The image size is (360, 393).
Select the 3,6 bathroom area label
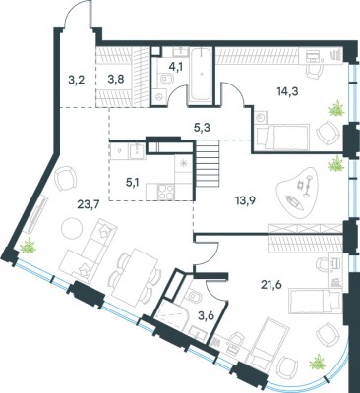pos(205,316)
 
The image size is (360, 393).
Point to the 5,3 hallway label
pos(202,127)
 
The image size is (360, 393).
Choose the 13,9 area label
pos(245,200)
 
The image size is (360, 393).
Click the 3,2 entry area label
pos(77,80)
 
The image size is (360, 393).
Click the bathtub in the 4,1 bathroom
pos(201,75)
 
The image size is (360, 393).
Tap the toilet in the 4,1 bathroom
pos(165,79)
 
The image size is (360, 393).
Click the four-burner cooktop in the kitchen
pos(166,192)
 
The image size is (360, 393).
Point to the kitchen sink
pos(137,150)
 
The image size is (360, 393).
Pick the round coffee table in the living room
pos(72,228)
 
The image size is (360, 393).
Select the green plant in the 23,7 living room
pos(28,246)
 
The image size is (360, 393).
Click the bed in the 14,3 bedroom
pos(282,137)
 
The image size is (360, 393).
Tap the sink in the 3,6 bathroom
pos(198,333)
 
